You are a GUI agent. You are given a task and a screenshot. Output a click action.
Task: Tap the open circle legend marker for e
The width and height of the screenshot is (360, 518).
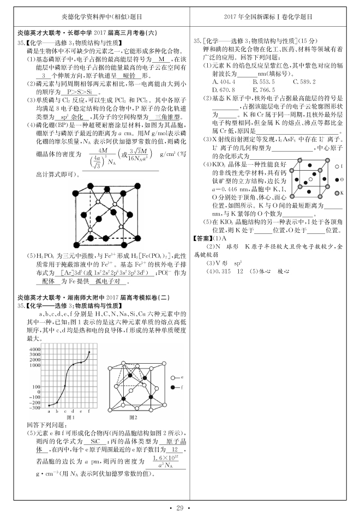pyautogui.click(x=173, y=377)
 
